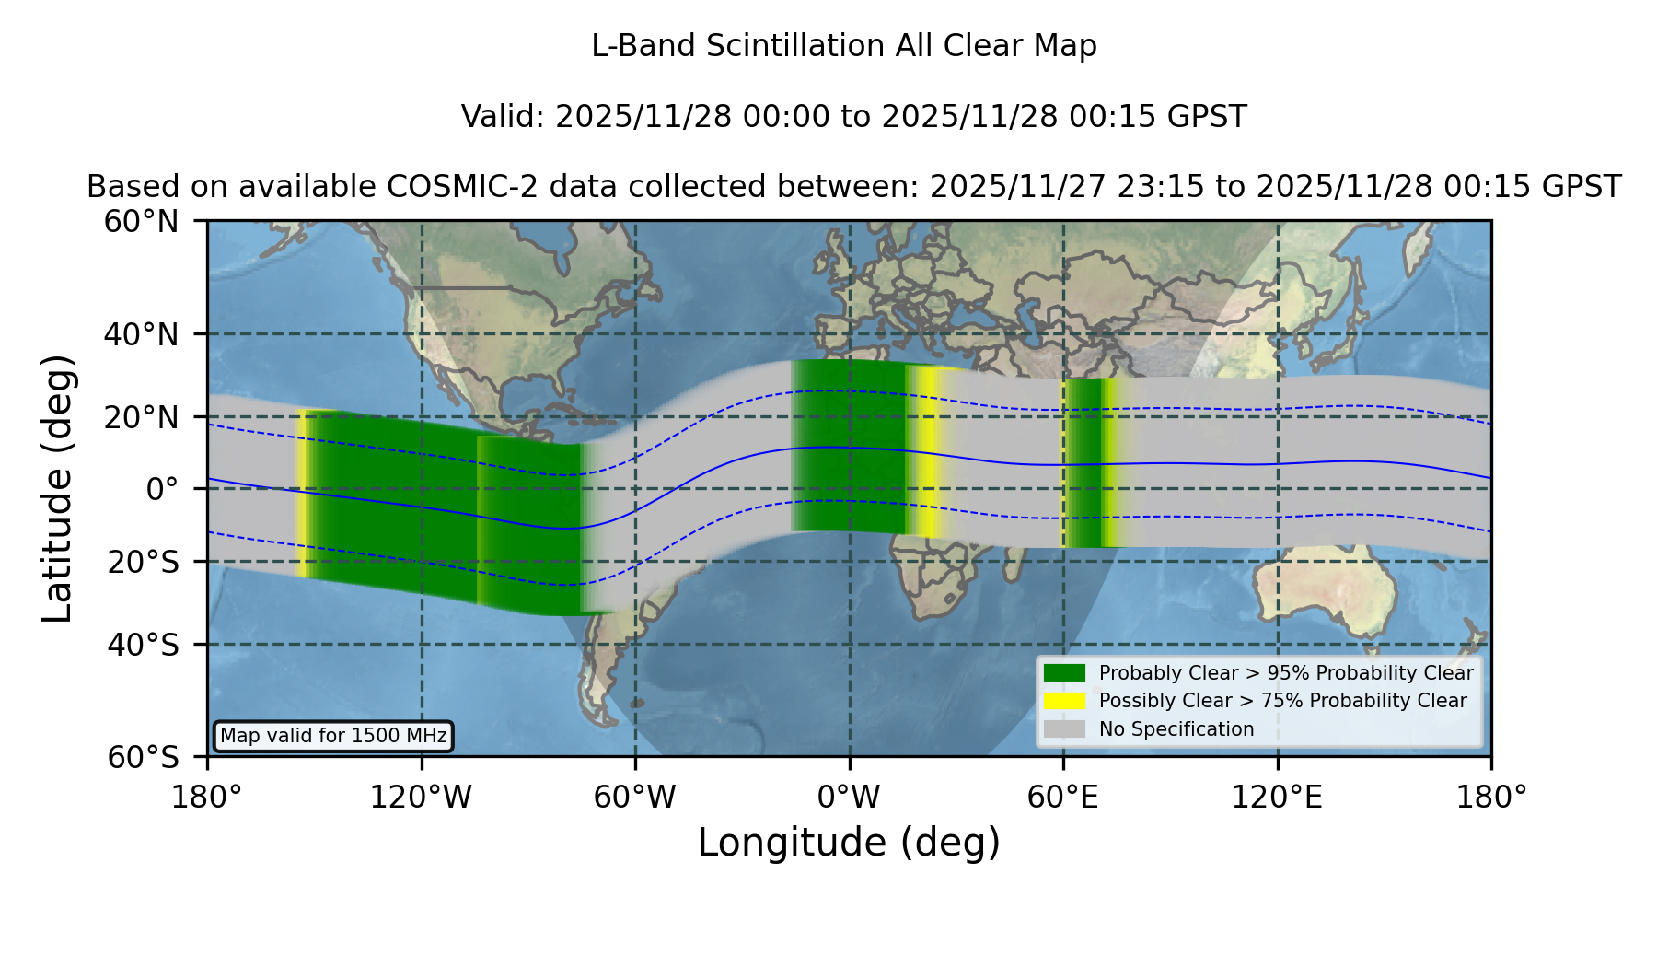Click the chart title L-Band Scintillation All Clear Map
(843, 45)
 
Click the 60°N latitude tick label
(141, 222)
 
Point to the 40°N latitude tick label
(141, 334)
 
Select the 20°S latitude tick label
(144, 562)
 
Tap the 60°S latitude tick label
(144, 757)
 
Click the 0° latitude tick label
(162, 489)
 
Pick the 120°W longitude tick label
(421, 797)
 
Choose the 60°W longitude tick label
(635, 797)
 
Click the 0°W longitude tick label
(849, 797)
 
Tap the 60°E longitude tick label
(1063, 797)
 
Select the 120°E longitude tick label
(1277, 797)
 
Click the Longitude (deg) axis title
(849, 843)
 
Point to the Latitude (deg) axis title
(57, 488)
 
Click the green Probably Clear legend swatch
(1064, 673)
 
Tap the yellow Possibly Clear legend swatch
(1064, 701)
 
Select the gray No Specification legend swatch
(1064, 729)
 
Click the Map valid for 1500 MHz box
(333, 736)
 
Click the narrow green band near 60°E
(1086, 462)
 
